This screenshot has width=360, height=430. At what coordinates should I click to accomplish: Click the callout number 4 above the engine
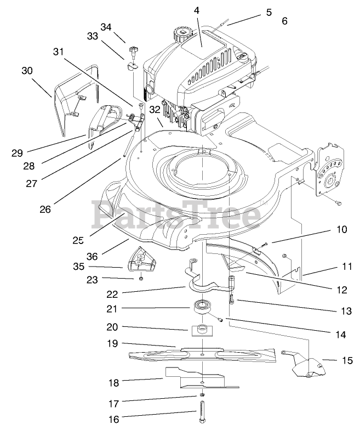tap(197, 10)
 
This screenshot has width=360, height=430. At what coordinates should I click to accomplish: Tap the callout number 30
tap(27, 71)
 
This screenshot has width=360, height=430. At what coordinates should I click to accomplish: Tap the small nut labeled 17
tap(202, 395)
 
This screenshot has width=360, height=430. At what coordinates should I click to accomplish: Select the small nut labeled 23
tap(141, 278)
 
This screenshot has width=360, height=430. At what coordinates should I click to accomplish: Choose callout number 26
tap(45, 208)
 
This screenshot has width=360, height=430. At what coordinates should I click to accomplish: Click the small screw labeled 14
tap(221, 318)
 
